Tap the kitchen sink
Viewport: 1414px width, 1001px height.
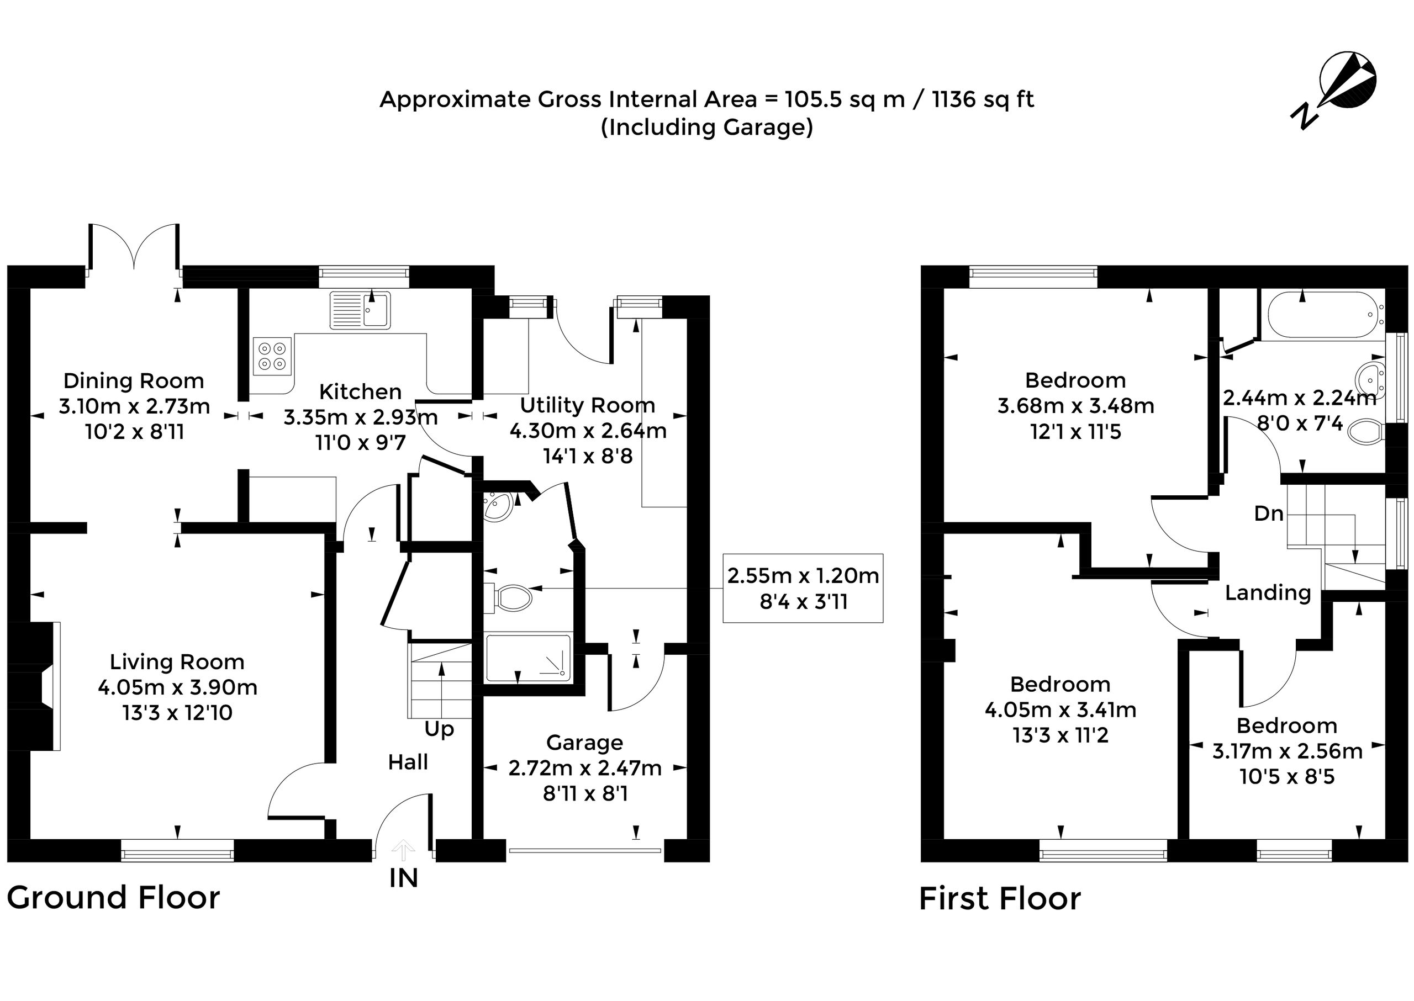click(x=361, y=310)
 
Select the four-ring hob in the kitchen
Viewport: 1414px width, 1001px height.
click(x=272, y=356)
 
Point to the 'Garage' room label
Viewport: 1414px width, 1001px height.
click(x=584, y=743)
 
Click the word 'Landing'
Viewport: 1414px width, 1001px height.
click(x=1268, y=592)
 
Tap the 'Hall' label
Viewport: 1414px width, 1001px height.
click(x=408, y=762)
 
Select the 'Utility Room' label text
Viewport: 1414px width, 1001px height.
click(x=588, y=406)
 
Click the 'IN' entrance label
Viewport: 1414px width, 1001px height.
click(x=404, y=878)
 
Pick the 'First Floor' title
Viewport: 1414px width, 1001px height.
click(x=1000, y=899)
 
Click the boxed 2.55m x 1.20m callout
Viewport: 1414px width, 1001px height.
click(x=803, y=588)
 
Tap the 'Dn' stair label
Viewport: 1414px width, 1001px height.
click(x=1269, y=513)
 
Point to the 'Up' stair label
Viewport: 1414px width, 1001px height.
click(x=439, y=730)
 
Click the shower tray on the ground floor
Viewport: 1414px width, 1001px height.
click(x=529, y=658)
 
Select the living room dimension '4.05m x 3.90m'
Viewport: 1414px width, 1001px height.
click(x=178, y=687)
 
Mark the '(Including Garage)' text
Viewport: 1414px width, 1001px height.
click(x=706, y=127)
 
